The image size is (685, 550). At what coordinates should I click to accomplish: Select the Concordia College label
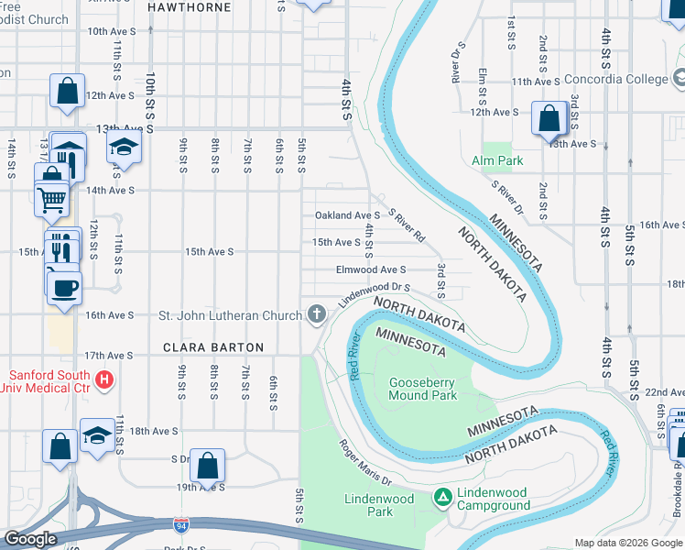(x=615, y=80)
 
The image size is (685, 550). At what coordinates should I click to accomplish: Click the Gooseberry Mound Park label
(x=423, y=389)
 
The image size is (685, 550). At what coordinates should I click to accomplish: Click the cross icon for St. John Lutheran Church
(x=317, y=315)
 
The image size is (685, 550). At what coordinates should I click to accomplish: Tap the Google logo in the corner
(x=29, y=539)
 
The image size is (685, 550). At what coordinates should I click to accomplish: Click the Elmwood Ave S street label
(x=371, y=269)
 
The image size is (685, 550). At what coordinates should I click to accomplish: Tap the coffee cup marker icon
(x=63, y=286)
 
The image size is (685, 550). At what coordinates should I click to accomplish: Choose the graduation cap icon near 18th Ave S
(x=97, y=435)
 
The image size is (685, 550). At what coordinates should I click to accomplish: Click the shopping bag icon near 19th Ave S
(x=208, y=465)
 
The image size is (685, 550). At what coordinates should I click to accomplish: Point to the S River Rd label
(x=407, y=225)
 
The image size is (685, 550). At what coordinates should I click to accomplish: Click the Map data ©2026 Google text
(x=627, y=542)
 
